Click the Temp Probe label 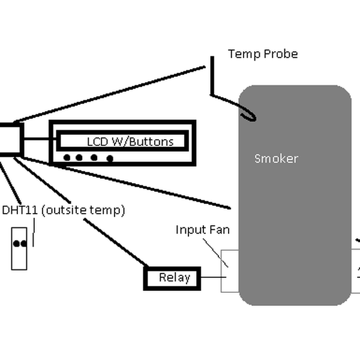(x=263, y=54)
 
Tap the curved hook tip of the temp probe (x=251, y=116)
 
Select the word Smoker (x=276, y=158)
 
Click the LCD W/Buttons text (x=130, y=142)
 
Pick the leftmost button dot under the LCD (x=67, y=158)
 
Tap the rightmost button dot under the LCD (x=110, y=158)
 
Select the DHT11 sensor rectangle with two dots (x=19, y=248)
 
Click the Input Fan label (x=202, y=229)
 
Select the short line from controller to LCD (x=36, y=140)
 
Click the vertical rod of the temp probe (x=211, y=75)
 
